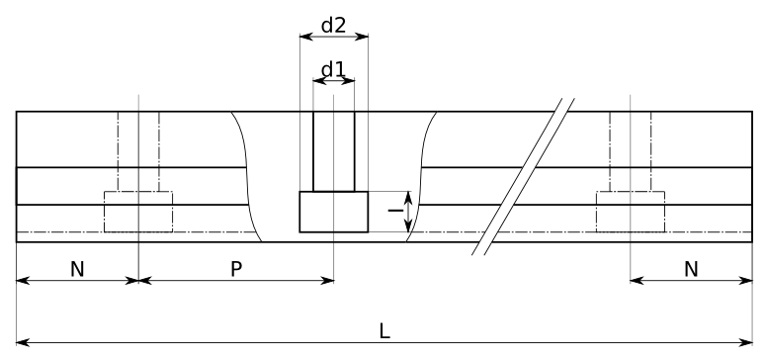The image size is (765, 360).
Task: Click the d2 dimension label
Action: pos(334,26)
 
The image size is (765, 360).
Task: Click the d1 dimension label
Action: pos(334,70)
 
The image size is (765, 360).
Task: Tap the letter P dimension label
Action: pos(236,269)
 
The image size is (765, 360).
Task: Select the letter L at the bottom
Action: pos(384,331)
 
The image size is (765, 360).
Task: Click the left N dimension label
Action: pos(77,269)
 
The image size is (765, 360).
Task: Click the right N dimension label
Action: pos(691,269)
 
